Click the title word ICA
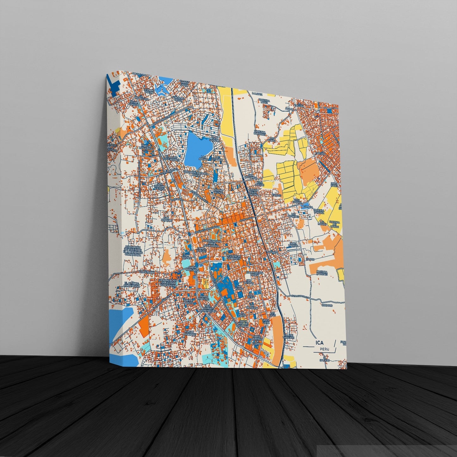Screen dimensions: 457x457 tap(319, 343)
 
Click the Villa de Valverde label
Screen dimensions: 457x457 tap(289, 336)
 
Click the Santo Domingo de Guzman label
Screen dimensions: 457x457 tap(257, 340)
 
